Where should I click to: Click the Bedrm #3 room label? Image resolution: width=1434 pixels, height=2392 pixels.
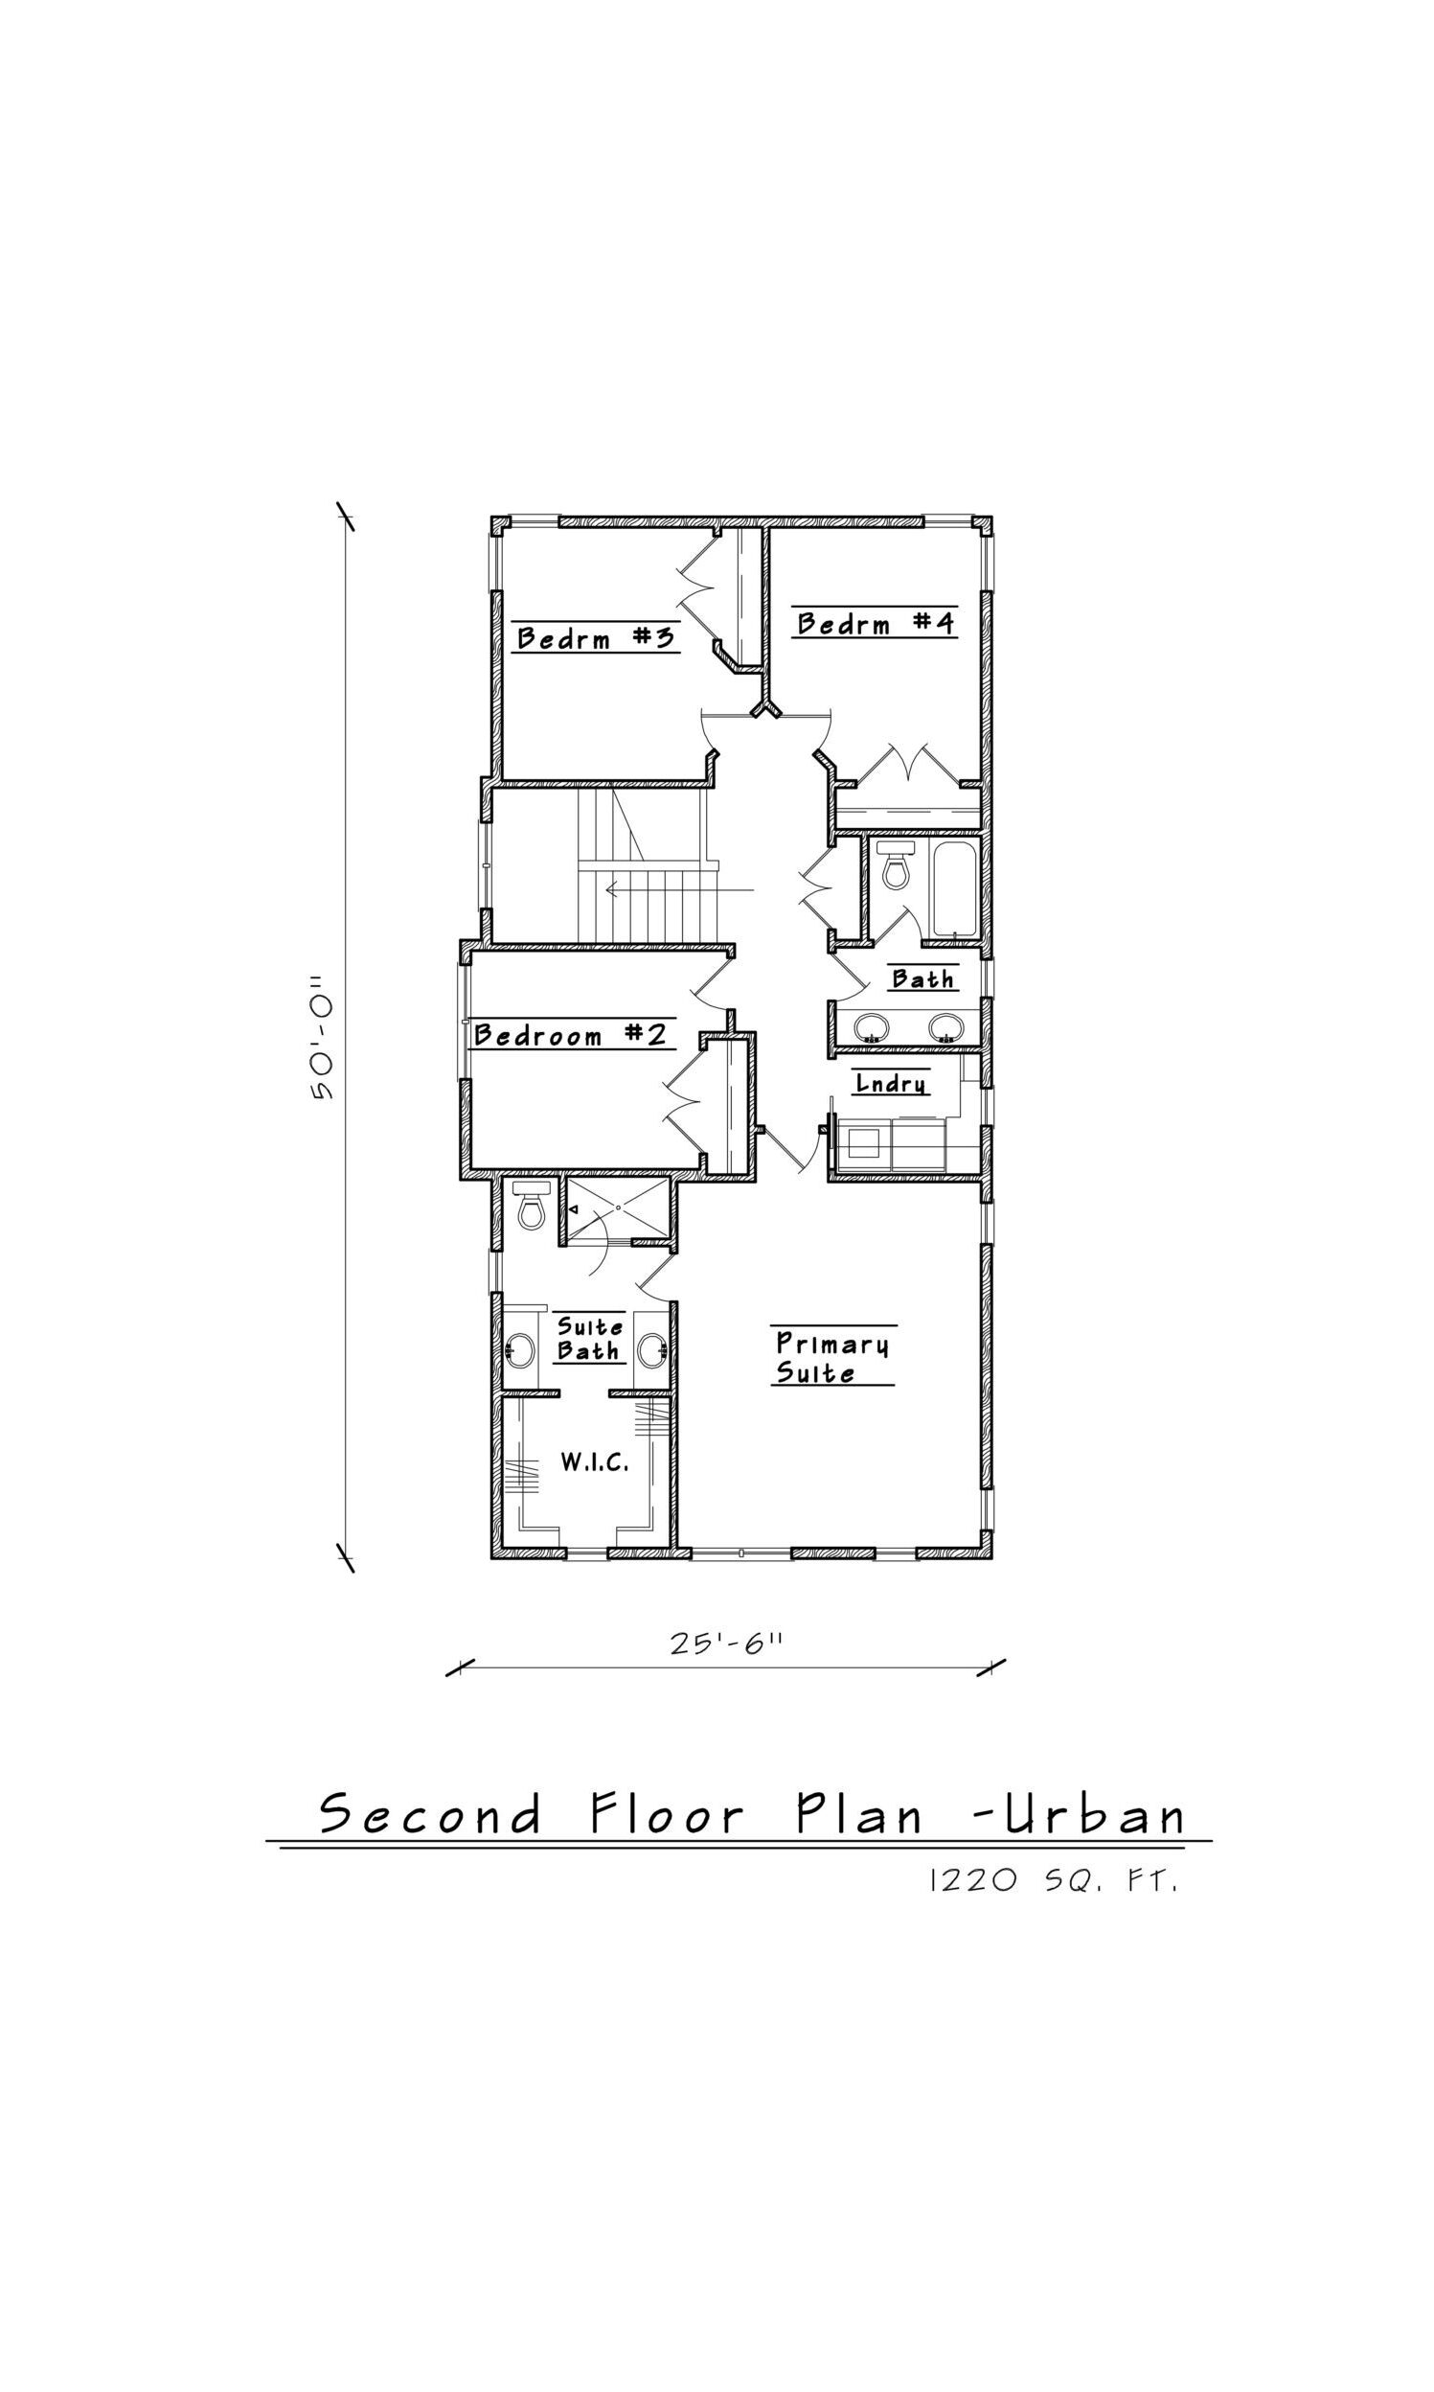(x=595, y=638)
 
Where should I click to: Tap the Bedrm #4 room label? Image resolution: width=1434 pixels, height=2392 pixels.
(x=876, y=623)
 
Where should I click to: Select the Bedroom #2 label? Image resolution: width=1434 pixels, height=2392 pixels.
(x=570, y=1035)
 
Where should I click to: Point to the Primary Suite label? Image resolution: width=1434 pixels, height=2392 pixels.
(x=832, y=1357)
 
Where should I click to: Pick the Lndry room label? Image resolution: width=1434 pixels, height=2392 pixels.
(x=891, y=1084)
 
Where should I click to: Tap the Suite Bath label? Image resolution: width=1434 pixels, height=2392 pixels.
(x=589, y=1338)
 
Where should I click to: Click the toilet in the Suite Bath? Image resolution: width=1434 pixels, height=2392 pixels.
(x=531, y=1205)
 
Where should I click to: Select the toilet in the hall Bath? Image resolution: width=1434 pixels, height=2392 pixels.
(x=896, y=864)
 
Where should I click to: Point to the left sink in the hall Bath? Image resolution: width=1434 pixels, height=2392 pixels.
(x=872, y=1026)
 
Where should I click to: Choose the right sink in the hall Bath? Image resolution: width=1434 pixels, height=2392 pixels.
(x=946, y=1026)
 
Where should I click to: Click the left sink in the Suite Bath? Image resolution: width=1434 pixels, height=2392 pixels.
(x=519, y=1349)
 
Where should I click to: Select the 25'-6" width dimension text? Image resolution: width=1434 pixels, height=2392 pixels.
(x=726, y=1643)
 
